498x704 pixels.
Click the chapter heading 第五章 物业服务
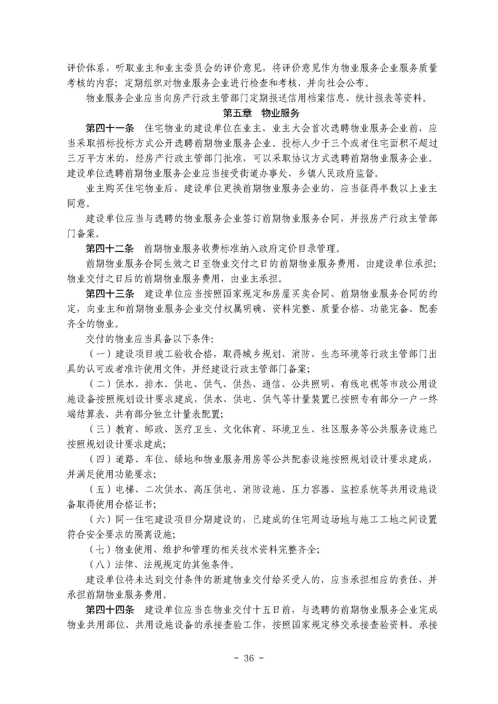(x=261, y=113)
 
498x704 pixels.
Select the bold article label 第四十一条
(x=110, y=129)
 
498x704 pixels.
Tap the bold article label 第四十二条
(x=110, y=249)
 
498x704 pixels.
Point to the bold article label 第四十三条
(x=110, y=294)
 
